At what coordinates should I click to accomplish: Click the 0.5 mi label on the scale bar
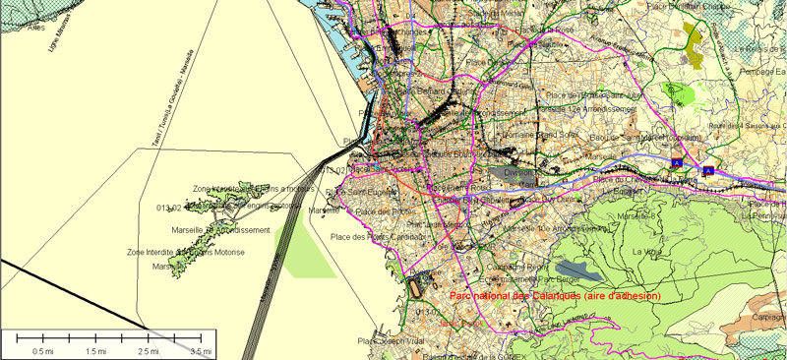point(42,350)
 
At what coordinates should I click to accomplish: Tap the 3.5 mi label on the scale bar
point(201,350)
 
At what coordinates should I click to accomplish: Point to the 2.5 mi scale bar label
point(148,350)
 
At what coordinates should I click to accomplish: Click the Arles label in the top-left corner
point(37,29)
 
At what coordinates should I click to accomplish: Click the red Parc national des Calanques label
point(554,296)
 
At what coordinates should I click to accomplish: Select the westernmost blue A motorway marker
point(677,160)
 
